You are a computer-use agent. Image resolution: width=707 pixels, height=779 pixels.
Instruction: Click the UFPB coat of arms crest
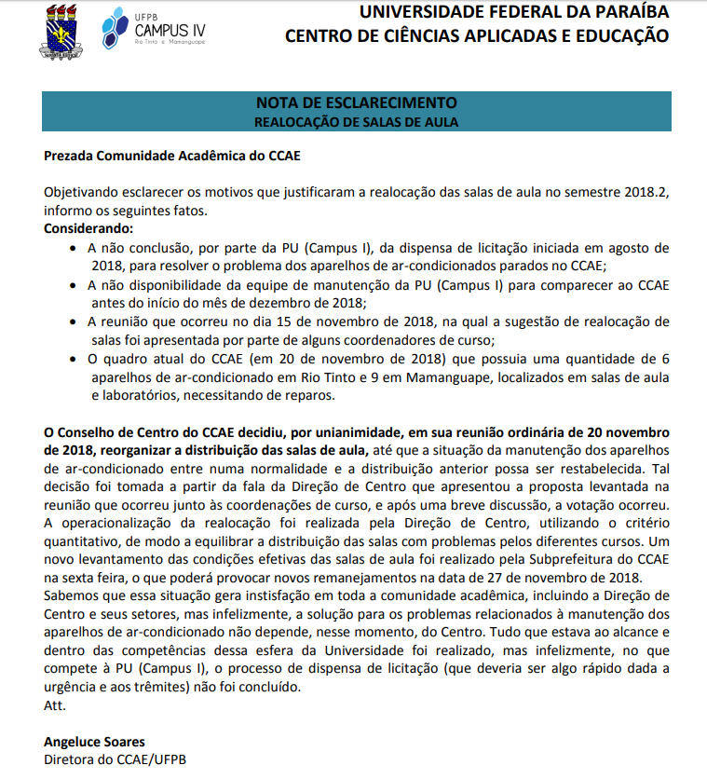pos(63,31)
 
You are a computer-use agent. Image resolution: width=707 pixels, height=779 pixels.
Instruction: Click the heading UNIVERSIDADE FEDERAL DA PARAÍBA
pos(513,12)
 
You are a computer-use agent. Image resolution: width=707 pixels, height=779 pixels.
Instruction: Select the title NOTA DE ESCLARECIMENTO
pos(356,102)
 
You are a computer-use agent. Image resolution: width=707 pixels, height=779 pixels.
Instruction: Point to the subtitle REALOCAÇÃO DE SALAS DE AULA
pos(356,121)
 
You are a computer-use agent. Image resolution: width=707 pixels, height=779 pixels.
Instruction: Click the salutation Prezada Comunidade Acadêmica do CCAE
pos(172,156)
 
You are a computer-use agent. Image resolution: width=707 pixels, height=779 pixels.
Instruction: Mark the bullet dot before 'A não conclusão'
pos(75,248)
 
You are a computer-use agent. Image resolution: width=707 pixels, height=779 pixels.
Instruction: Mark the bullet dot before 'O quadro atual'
pos(75,358)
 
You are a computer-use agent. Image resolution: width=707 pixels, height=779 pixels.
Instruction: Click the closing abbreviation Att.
pos(55,705)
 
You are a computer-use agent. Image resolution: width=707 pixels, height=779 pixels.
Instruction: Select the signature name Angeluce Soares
pos(94,742)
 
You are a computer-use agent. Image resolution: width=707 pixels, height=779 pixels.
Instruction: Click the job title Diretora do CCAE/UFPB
pos(116,759)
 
